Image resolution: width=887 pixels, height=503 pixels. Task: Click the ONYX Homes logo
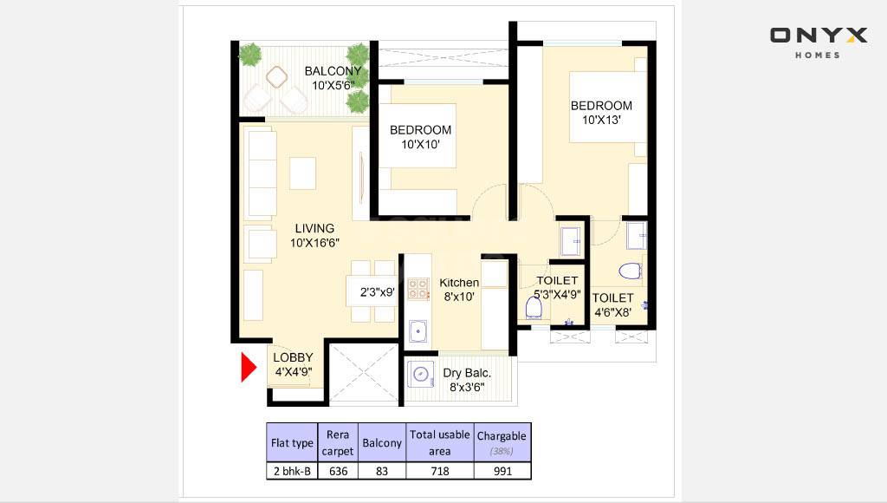pos(818,41)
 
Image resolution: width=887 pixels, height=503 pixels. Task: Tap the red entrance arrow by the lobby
pos(248,367)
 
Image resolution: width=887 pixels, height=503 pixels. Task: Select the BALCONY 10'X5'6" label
pos(333,78)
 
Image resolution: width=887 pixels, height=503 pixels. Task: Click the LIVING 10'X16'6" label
pos(313,236)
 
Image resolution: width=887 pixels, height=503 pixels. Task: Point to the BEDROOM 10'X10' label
pos(420,137)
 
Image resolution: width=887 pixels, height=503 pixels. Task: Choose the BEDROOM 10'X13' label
pos(601,113)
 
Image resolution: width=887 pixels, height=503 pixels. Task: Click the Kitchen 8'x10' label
pos(458,290)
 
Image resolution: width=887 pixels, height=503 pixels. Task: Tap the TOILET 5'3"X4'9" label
pos(557,287)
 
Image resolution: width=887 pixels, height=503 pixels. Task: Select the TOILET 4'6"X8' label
pos(612,304)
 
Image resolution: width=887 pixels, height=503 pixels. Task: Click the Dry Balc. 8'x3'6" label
pos(467,380)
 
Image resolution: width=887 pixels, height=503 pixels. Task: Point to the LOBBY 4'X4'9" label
pos(293,364)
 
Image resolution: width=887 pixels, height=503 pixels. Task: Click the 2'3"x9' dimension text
pos(378,292)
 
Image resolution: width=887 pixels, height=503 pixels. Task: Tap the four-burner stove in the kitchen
pos(418,288)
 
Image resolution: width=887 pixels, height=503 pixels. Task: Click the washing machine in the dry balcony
pos(421,375)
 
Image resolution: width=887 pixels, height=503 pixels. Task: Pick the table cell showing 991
pos(502,471)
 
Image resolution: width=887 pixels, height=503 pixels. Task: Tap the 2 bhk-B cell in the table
pos(292,471)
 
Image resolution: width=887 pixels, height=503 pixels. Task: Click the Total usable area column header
pos(440,442)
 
